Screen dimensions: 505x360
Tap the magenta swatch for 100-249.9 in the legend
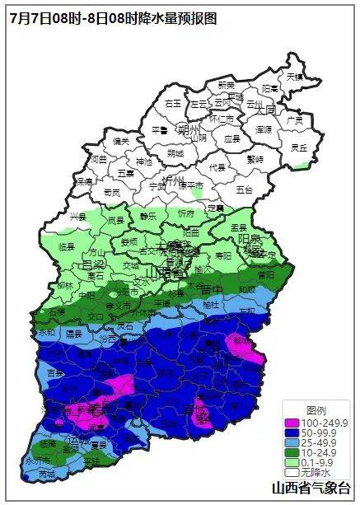click(291, 423)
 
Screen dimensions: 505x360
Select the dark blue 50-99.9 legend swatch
click(291, 433)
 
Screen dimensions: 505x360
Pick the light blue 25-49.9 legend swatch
click(291, 443)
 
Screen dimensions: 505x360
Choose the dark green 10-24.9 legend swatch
click(291, 453)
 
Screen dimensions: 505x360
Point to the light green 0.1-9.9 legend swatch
click(291, 463)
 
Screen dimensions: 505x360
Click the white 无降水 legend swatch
click(291, 473)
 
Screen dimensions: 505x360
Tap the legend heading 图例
click(316, 410)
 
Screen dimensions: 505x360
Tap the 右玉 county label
click(172, 104)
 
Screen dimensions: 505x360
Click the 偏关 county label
click(121, 141)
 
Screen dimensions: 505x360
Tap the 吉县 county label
click(55, 373)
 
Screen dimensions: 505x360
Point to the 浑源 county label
click(263, 129)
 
